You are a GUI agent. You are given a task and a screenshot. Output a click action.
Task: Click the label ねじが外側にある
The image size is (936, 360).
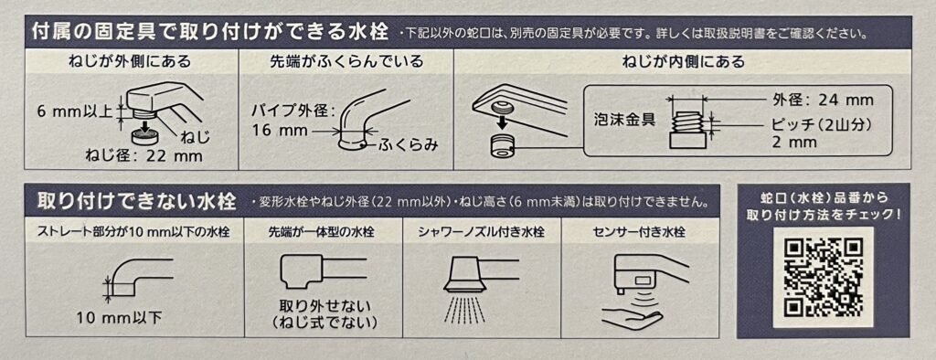(x=130, y=61)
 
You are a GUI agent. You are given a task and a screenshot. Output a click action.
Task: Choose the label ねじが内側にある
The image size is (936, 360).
(x=683, y=61)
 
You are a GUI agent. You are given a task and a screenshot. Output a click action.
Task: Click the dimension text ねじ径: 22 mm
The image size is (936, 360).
(x=145, y=157)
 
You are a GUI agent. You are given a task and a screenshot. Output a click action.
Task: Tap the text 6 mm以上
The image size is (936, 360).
(x=75, y=111)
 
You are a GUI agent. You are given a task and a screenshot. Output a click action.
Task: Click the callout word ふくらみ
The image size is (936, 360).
(x=409, y=143)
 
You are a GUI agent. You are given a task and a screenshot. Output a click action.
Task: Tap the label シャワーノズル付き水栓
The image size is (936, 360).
(x=482, y=233)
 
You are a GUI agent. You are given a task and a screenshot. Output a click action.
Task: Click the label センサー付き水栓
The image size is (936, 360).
(x=640, y=233)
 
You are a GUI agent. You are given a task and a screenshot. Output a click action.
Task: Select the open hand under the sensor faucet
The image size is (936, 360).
(x=633, y=314)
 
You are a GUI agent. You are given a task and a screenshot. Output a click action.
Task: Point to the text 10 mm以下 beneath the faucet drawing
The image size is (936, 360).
(x=119, y=317)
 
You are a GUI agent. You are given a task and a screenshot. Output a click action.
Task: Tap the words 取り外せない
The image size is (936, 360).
(x=324, y=307)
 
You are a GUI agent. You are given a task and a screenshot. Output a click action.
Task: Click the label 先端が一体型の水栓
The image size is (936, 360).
(x=324, y=233)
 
